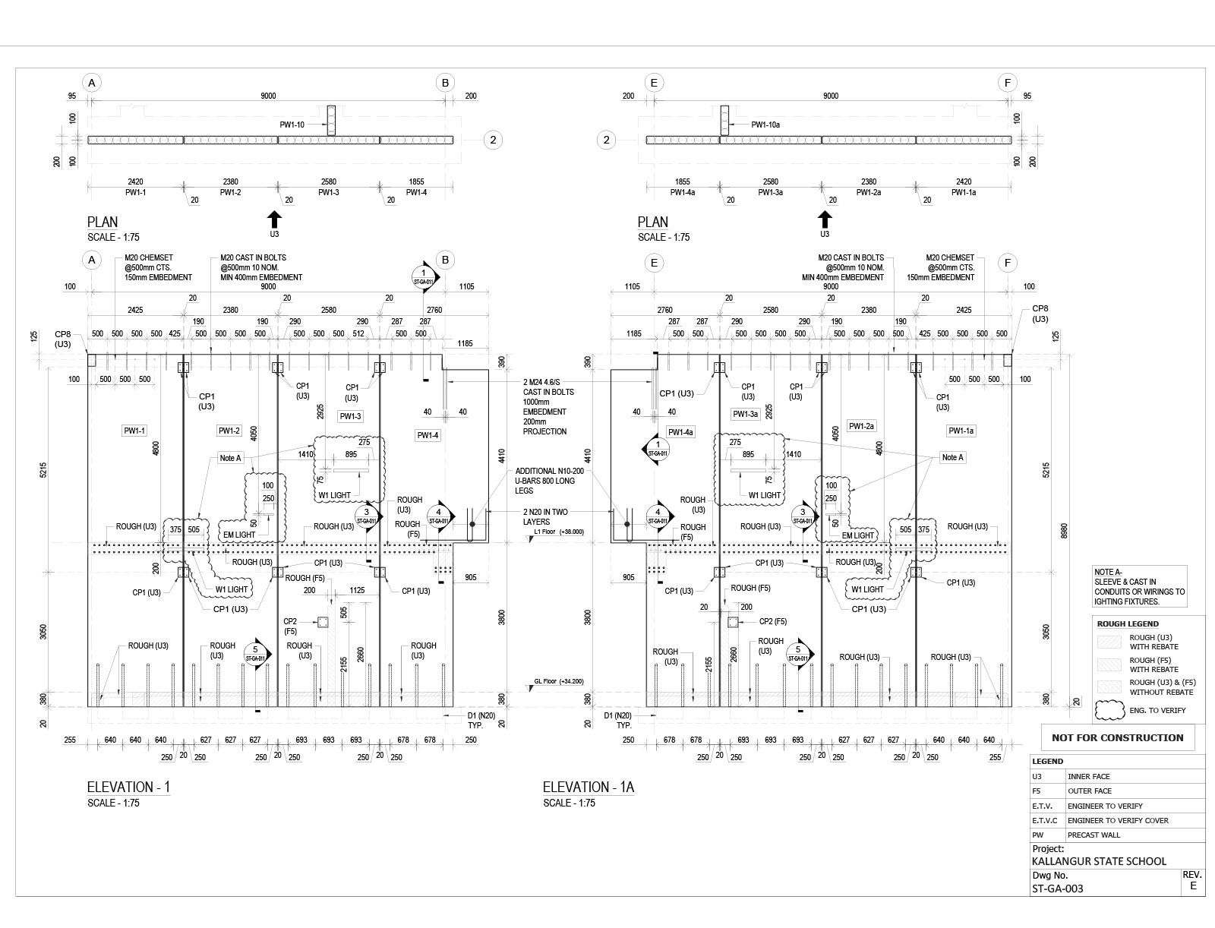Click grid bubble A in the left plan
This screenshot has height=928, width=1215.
[92, 83]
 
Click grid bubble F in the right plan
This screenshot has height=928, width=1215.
[1008, 83]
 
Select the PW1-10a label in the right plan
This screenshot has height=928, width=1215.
[765, 125]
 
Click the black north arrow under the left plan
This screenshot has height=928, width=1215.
[274, 219]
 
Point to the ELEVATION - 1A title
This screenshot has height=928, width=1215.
[588, 788]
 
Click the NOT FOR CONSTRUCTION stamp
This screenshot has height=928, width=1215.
[1117, 737]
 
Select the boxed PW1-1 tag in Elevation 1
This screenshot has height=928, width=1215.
[134, 431]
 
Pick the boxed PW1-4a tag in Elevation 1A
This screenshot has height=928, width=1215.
[680, 432]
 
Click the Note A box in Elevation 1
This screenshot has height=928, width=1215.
[230, 458]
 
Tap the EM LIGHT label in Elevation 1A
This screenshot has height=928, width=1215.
[858, 535]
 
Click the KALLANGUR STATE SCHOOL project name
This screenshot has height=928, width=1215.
[1099, 861]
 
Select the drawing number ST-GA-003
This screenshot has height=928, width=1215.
[1057, 889]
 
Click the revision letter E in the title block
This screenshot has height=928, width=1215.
[1193, 885]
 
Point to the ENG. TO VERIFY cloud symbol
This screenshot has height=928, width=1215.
[1109, 711]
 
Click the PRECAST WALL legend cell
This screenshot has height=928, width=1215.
[1094, 835]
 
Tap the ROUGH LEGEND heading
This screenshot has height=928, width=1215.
[1128, 623]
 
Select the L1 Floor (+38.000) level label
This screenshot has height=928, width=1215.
[559, 532]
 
